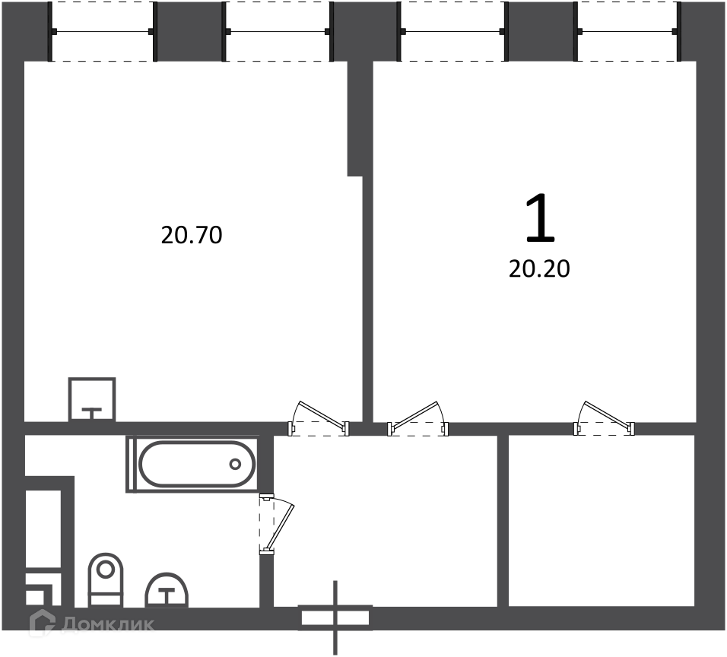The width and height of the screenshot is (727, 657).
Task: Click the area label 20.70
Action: (192, 235)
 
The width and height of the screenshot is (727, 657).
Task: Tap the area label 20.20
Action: (539, 269)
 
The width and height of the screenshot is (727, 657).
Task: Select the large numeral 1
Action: (540, 218)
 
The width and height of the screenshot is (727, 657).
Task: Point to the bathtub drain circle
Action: (235, 464)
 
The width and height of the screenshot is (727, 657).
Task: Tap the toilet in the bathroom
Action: (105, 579)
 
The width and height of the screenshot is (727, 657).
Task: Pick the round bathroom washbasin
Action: (167, 590)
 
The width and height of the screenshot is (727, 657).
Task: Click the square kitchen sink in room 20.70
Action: (92, 399)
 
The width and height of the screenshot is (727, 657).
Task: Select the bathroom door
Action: (276, 524)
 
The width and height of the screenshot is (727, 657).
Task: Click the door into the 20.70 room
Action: (319, 418)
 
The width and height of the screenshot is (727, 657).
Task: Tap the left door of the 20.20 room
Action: (418, 418)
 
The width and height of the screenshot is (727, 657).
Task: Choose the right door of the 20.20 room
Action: (605, 418)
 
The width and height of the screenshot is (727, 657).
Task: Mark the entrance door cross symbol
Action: (335, 617)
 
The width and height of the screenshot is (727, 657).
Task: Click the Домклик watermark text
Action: (107, 624)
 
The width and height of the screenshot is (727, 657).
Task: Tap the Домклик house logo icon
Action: (42, 622)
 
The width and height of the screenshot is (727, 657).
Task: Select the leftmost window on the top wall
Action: (103, 31)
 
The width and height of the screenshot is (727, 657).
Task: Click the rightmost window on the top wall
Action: (628, 31)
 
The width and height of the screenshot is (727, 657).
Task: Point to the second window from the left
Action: (278, 31)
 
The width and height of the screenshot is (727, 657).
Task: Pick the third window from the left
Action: (452, 31)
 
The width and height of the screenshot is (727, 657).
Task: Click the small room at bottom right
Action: (602, 520)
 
